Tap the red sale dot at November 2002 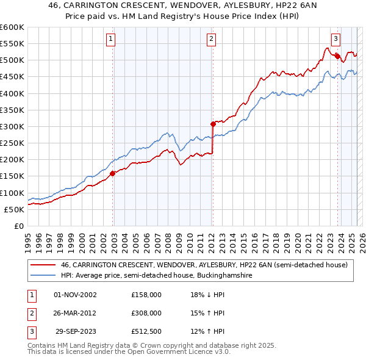point(113,173)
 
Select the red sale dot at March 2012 point(213,124)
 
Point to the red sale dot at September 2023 point(337,56)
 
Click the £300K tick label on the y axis point(12,126)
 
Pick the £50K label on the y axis point(14,209)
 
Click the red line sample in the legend point(43,265)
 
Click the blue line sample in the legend point(43,276)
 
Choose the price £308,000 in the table point(146,313)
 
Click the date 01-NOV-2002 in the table point(75,295)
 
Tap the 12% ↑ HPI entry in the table point(207,331)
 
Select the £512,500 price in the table point(146,331)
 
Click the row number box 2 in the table point(31,313)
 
